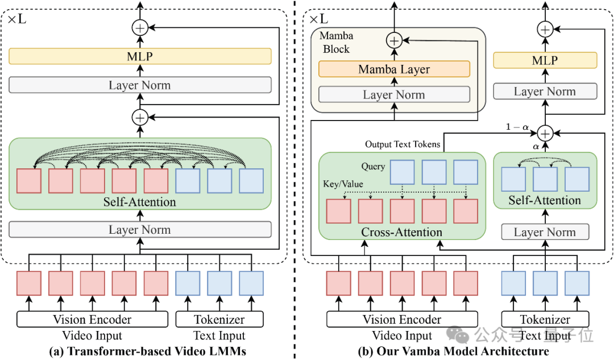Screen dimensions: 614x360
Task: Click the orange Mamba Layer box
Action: point(395,69)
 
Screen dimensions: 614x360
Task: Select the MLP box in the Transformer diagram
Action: point(140,56)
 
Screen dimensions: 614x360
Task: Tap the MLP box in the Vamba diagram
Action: point(545,60)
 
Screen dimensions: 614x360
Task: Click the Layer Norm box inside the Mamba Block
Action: point(395,94)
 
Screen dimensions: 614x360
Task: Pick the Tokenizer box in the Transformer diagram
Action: point(219,319)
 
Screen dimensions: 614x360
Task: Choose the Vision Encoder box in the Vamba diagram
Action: point(402,319)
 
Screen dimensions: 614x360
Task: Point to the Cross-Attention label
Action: point(402,232)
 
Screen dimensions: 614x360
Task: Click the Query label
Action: point(373,167)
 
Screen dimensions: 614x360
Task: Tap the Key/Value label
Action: point(343,184)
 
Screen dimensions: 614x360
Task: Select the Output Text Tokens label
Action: point(403,144)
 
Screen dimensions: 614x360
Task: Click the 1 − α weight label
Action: point(517,127)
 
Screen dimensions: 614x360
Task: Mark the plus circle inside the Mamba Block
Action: point(395,40)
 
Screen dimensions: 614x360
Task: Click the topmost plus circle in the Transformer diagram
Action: point(140,28)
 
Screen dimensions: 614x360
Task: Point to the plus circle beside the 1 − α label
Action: point(545,134)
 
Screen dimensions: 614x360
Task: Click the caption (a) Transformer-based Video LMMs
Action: point(148,351)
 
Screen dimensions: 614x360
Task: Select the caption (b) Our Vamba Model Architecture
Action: point(454,351)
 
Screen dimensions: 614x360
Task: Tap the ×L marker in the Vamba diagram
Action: point(319,19)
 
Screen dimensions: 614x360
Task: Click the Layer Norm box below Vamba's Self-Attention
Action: point(545,232)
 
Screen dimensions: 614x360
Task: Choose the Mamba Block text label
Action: point(337,42)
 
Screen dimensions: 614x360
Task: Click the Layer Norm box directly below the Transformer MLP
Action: point(140,85)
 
